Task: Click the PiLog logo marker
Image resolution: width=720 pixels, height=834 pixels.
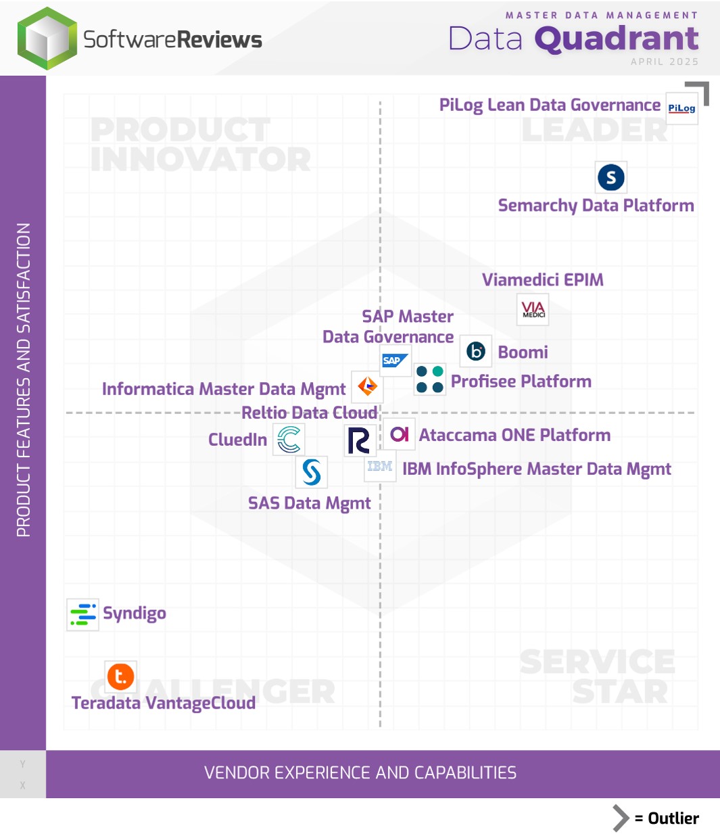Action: click(x=681, y=108)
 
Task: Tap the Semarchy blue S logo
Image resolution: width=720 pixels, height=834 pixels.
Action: click(x=611, y=177)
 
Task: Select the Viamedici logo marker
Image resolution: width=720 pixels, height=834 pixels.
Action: click(x=533, y=310)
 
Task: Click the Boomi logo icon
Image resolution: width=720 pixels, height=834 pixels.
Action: click(x=476, y=351)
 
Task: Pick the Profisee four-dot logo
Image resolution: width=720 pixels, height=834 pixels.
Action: click(x=429, y=379)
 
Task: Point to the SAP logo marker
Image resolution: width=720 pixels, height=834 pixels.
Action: click(x=395, y=361)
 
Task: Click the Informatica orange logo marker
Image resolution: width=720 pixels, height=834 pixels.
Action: click(x=367, y=387)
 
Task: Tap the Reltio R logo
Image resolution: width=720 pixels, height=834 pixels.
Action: click(x=359, y=440)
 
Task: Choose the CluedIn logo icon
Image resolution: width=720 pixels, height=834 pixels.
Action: click(x=289, y=440)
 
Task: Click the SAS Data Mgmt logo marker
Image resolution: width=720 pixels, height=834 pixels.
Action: click(x=312, y=472)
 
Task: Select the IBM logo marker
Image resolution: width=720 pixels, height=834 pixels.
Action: click(x=380, y=467)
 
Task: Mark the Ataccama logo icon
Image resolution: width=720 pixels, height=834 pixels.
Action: click(x=400, y=434)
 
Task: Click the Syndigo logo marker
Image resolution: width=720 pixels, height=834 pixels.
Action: click(x=83, y=614)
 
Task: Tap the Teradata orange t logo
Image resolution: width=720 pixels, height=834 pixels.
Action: click(x=121, y=676)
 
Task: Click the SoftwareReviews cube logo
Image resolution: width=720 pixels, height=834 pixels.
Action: click(x=47, y=39)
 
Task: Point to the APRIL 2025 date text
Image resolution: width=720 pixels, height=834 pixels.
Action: click(x=664, y=62)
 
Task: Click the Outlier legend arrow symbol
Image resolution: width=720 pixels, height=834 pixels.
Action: click(x=621, y=818)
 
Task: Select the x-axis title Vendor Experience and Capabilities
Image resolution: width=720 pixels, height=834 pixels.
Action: click(x=360, y=773)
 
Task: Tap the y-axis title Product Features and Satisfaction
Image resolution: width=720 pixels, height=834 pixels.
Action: click(x=24, y=379)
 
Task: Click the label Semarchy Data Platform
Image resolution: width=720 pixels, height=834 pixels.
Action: click(x=596, y=206)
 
